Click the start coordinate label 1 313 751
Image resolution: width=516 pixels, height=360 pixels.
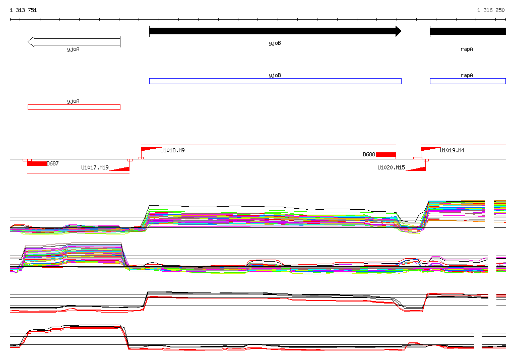coord(23,10)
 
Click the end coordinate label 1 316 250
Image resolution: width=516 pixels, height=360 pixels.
coord(491,10)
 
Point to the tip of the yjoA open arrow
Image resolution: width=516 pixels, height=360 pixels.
coord(28,42)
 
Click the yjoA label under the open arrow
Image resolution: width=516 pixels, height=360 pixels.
coord(73,49)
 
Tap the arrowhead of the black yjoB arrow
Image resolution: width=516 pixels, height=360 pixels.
coord(399,31)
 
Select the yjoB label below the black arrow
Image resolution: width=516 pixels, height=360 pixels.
coord(275,43)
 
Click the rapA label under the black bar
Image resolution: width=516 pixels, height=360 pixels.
coord(467,49)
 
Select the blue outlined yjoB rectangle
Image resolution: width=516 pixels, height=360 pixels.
coord(275,81)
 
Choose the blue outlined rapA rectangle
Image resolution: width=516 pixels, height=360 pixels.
coord(468,81)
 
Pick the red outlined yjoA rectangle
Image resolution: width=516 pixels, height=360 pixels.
coord(74,107)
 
